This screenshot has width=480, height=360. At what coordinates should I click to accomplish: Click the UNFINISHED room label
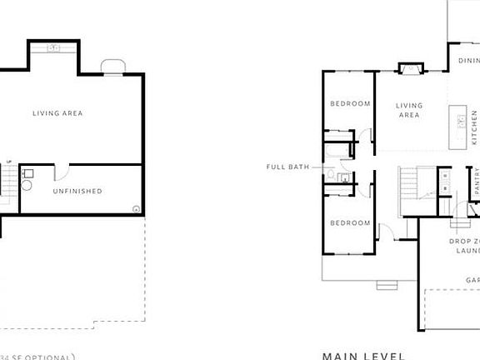77,192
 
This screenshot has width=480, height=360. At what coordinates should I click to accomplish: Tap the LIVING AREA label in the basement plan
57,113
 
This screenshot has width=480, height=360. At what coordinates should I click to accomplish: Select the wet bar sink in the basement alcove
54,49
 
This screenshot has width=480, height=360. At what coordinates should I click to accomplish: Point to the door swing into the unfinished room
61,172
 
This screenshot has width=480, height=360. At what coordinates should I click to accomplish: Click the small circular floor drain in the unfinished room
136,208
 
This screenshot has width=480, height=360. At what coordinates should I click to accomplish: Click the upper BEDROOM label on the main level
350,104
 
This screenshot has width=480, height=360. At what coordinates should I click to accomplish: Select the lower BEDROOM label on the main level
350,223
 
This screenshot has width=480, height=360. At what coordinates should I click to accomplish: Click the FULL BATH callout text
287,167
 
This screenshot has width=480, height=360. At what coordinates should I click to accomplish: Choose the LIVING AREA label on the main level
409,111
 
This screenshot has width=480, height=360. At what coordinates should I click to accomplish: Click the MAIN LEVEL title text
363,355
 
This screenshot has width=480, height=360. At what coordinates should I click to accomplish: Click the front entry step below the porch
387,286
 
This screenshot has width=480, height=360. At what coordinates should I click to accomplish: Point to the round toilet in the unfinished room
26,185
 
